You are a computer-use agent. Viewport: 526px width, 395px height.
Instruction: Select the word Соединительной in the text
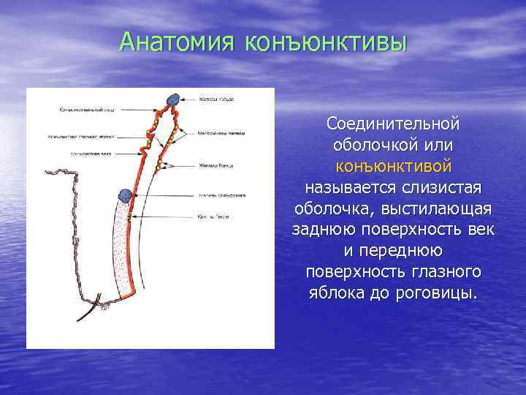[x=392, y=121]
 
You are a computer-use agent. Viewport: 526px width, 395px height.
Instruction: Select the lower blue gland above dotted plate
[x=126, y=195]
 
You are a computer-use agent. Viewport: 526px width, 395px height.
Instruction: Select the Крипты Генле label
[x=213, y=217]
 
